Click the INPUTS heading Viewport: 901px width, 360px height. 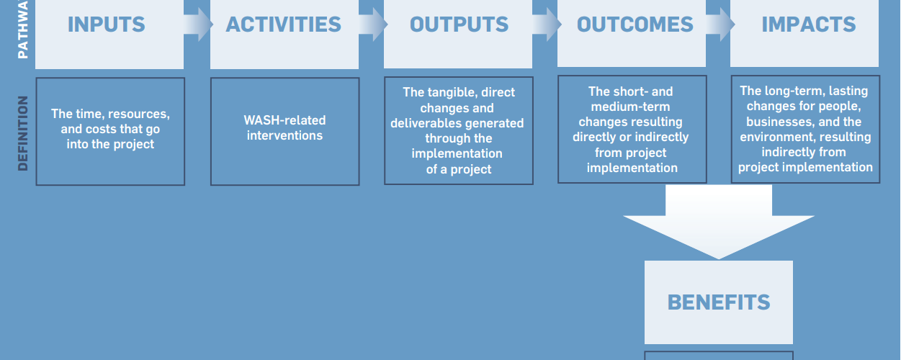click(x=106, y=24)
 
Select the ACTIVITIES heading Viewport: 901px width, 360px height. click(x=284, y=24)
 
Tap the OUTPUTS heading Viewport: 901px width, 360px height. click(x=459, y=24)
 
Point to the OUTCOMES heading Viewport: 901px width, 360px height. click(x=635, y=24)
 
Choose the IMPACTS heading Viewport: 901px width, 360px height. click(x=809, y=24)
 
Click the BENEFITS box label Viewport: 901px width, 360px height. click(x=719, y=302)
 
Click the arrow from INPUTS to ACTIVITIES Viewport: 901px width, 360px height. click(x=198, y=24)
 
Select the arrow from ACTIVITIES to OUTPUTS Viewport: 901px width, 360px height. click(x=373, y=24)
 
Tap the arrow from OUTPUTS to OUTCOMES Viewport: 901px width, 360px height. click(x=547, y=24)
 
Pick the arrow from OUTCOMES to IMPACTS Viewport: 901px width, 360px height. click(x=720, y=24)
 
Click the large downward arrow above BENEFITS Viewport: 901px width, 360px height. click(x=719, y=221)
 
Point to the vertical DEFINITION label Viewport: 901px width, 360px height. click(x=23, y=133)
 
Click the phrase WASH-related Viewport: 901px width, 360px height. click(x=284, y=120)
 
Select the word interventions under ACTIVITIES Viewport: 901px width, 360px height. click(x=284, y=135)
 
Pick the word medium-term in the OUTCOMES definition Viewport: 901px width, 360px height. click(x=630, y=107)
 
